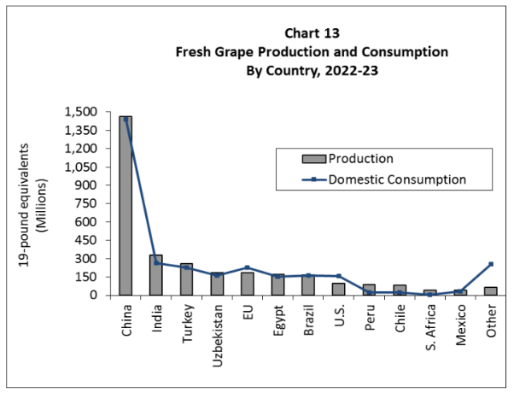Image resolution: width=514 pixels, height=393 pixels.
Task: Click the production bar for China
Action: click(x=126, y=205)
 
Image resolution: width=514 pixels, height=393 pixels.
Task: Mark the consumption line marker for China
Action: click(x=126, y=120)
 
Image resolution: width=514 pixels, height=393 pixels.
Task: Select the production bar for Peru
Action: click(x=370, y=290)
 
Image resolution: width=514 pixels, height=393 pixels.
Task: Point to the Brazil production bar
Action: click(x=308, y=284)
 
